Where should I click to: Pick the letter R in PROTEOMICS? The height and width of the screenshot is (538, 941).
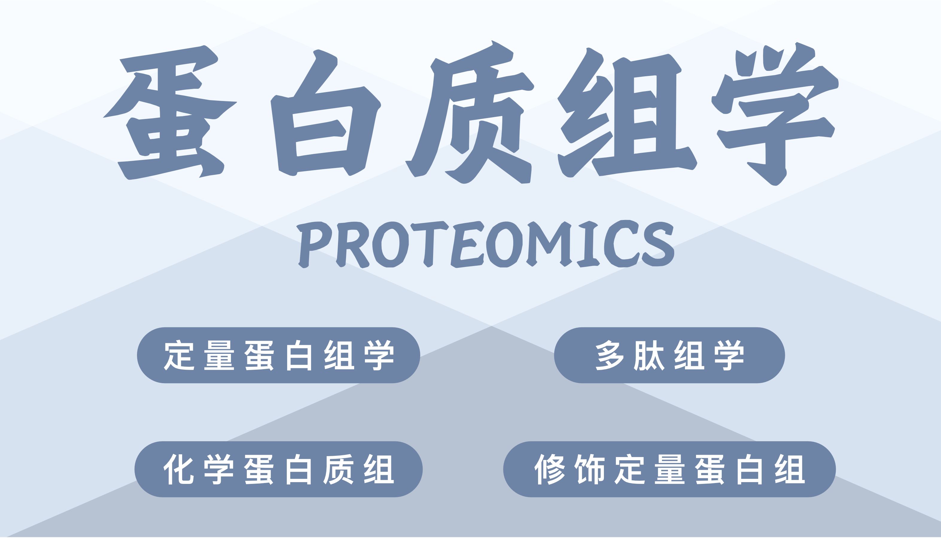tap(352, 244)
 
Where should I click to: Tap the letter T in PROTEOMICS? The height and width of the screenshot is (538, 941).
tap(429, 244)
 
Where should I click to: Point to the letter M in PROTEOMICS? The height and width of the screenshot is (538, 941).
tap(549, 244)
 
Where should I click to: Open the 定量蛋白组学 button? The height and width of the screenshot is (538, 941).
tap(278, 355)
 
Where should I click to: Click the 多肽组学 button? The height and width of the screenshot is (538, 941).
tap(669, 355)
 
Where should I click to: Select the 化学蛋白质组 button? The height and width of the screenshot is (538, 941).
tap(278, 469)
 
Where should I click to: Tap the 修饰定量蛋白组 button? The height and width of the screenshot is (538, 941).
tap(669, 469)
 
